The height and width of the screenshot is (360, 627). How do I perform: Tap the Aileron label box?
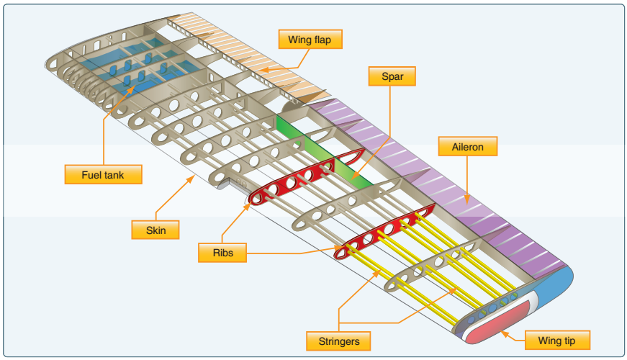[x=468, y=148]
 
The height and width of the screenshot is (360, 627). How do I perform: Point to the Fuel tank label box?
[x=104, y=174]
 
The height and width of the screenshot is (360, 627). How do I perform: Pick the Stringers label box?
[x=338, y=340]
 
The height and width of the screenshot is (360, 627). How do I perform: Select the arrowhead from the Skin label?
[x=192, y=176]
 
